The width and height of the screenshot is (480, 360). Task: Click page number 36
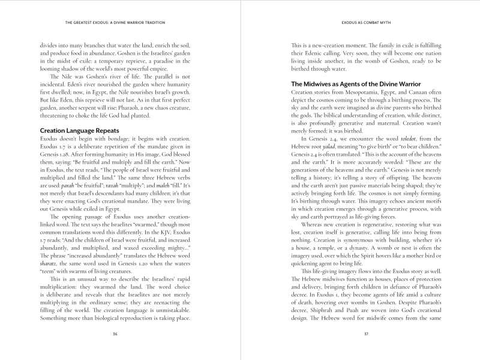(x=115, y=334)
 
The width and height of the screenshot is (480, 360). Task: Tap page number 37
(x=365, y=334)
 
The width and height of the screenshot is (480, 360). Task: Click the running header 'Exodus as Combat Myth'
(x=365, y=23)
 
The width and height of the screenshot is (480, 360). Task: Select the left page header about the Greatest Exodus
(x=115, y=23)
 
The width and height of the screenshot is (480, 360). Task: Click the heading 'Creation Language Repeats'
(x=79, y=130)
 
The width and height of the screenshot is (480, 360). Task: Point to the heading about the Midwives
(x=356, y=84)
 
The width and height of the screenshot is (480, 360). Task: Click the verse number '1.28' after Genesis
(x=71, y=154)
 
